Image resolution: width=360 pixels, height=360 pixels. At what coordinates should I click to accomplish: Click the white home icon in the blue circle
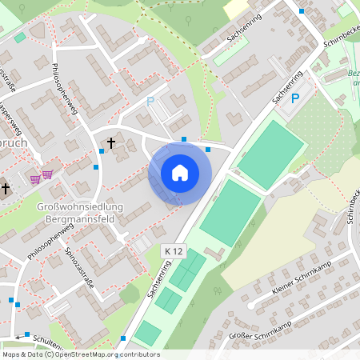(x=180, y=173)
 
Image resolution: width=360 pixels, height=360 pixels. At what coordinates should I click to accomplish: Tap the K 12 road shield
(x=172, y=251)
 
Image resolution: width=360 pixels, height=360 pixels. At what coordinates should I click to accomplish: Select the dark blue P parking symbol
(x=294, y=98)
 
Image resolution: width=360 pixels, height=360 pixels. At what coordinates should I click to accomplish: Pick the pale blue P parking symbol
(x=150, y=102)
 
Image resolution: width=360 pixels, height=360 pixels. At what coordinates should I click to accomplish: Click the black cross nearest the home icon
(x=110, y=144)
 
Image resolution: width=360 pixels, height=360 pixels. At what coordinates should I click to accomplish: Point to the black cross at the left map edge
(x=6, y=189)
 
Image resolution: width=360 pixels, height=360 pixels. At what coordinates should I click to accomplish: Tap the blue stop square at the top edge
(x=302, y=11)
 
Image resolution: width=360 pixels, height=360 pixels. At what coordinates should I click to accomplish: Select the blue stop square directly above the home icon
(x=184, y=139)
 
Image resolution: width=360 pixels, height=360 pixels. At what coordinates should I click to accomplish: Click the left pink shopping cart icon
(x=35, y=178)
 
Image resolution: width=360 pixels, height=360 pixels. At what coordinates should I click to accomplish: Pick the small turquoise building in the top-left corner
(x=20, y=38)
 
